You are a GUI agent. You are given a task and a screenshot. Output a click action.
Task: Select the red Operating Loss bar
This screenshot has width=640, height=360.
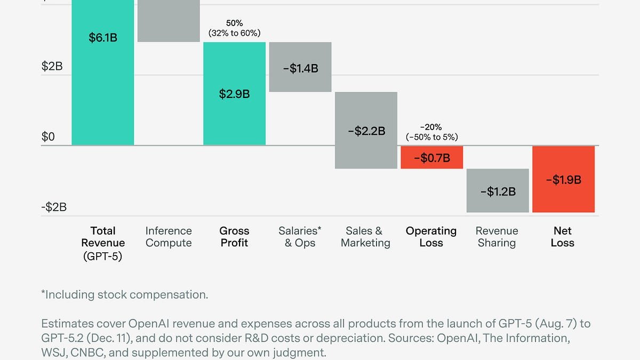pyautogui.click(x=431, y=157)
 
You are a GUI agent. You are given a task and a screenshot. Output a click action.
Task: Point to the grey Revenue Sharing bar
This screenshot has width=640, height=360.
pyautogui.click(x=498, y=190)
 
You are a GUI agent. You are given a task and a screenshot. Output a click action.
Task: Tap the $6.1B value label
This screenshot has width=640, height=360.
pyautogui.click(x=102, y=38)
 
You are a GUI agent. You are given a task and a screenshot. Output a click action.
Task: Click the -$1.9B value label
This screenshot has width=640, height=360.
pyautogui.click(x=563, y=180)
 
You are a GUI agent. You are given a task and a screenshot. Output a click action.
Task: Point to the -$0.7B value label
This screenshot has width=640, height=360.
pyautogui.click(x=431, y=158)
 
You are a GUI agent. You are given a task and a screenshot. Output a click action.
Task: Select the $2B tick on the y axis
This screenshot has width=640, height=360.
pyautogui.click(x=52, y=67)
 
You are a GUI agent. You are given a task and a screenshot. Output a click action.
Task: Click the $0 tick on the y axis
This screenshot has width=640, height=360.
pyautogui.click(x=49, y=137)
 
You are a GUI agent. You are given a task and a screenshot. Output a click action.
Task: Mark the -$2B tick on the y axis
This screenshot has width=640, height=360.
pyautogui.click(x=54, y=207)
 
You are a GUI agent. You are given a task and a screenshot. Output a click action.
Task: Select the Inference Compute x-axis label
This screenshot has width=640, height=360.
pyautogui.click(x=169, y=237)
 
